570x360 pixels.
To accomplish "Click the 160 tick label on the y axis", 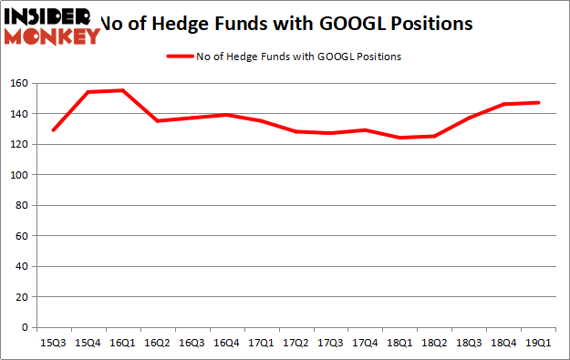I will [x=18, y=83].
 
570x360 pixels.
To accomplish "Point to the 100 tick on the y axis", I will [x=18, y=175].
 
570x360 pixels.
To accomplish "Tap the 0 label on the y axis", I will [x=24, y=327].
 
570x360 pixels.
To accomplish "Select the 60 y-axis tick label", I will [x=21, y=236].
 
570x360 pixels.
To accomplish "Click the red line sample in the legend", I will [x=180, y=57].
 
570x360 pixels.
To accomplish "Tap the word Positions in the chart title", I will [x=432, y=24].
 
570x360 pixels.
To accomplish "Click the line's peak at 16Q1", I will [x=122, y=90].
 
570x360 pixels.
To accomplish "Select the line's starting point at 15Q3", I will [x=53, y=130].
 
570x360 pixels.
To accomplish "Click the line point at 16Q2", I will [x=157, y=121].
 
